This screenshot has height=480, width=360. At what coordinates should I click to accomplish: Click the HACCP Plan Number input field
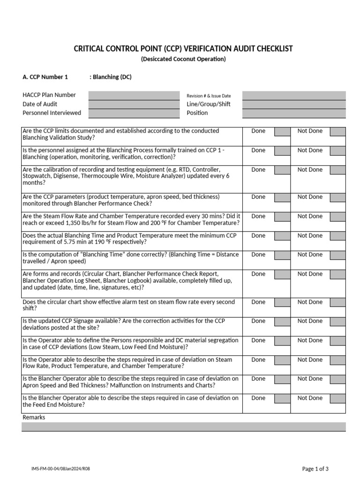click(134, 95)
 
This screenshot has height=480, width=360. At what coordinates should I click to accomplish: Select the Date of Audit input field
click(134, 104)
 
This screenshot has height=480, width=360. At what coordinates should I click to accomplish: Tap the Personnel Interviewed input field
click(134, 113)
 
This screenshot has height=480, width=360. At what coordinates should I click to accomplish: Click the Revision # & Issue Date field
click(293, 95)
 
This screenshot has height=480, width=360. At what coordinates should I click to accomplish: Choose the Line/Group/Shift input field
click(293, 104)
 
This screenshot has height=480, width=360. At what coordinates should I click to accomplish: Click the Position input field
click(293, 113)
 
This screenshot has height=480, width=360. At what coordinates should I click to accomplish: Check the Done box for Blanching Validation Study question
click(282, 132)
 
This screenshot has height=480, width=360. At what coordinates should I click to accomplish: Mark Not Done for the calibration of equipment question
click(337, 170)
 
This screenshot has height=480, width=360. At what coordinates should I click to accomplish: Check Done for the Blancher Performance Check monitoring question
click(282, 197)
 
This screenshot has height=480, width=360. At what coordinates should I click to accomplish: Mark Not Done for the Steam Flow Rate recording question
click(337, 217)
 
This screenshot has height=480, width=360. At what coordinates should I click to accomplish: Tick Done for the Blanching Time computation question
click(282, 255)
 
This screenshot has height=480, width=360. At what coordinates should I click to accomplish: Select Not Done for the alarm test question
click(337, 302)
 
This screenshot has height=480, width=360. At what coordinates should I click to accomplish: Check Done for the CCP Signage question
click(282, 322)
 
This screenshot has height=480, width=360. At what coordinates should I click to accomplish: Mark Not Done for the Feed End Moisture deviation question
click(337, 398)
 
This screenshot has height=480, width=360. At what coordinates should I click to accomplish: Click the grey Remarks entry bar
click(183, 427)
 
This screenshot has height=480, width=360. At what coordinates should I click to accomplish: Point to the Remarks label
click(34, 417)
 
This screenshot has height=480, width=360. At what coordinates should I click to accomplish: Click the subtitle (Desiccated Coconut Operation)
click(183, 59)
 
